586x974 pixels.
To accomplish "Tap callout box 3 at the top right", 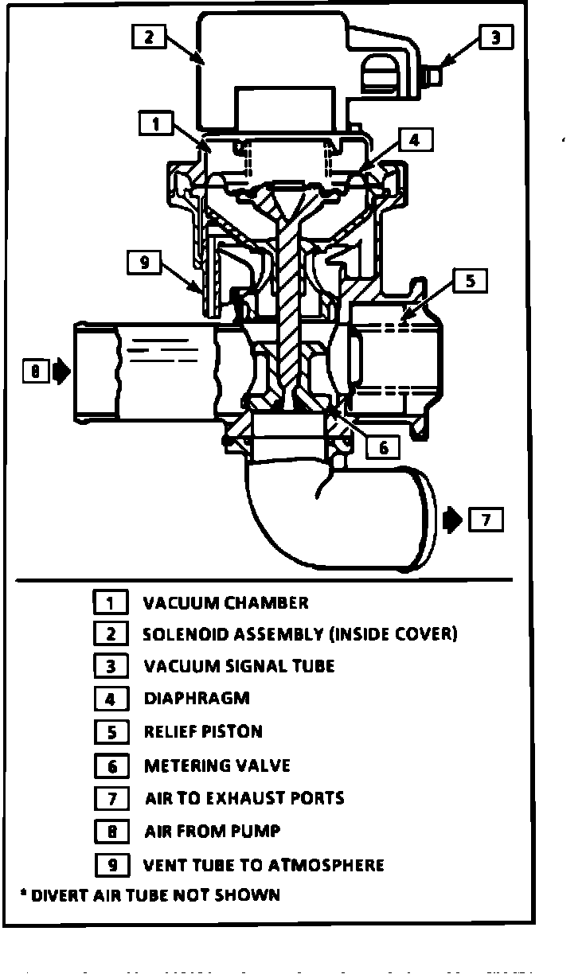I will (495, 37).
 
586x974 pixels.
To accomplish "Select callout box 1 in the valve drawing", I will (155, 123).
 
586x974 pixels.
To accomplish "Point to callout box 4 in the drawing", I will (414, 140).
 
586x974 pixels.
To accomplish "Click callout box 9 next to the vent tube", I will (144, 262).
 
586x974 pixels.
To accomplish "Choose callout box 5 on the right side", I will (471, 281).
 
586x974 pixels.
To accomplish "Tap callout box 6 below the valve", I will (383, 447).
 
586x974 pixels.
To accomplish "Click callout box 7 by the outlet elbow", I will (486, 520).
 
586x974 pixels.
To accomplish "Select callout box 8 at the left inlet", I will (35, 371).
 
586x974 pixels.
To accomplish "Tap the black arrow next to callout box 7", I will (451, 520).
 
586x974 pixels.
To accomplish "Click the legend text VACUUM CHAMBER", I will (225, 602).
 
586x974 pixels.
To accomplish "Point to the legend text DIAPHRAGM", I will (197, 698).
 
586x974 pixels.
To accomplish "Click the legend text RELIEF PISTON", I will (203, 731).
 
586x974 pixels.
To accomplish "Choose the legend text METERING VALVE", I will (217, 766).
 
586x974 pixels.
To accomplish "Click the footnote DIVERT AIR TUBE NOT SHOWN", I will (150, 895).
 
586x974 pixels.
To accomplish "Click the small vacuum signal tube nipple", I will (435, 77).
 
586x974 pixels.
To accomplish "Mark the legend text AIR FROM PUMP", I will (212, 832).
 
